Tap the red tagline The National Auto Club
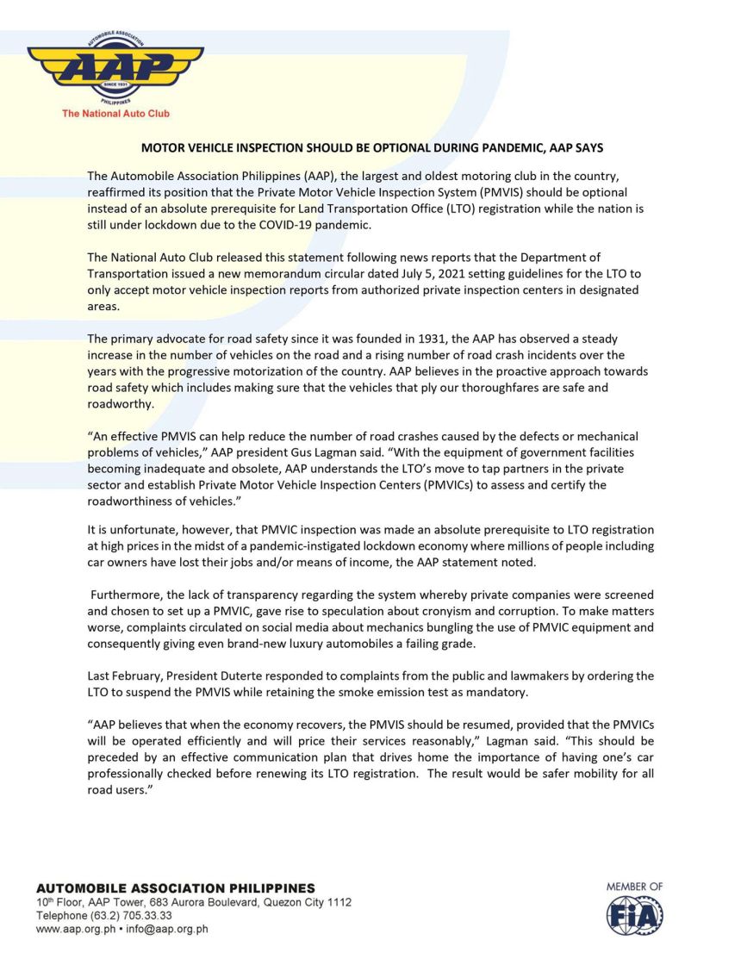coord(115,114)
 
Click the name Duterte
coord(236,676)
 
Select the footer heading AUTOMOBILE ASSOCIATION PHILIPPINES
coord(175,888)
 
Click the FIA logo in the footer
coord(634,915)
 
